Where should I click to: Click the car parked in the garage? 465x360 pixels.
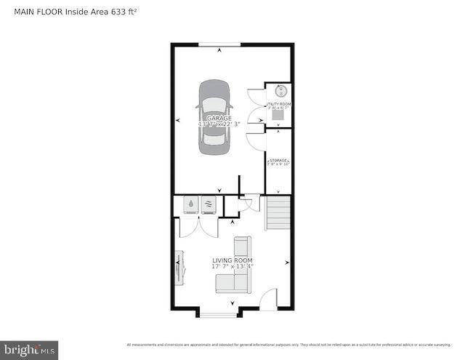[214, 119]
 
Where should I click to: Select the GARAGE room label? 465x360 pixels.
[219, 118]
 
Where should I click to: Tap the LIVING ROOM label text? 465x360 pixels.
[232, 260]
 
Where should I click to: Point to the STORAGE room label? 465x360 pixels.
[279, 160]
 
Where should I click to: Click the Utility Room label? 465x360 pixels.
[279, 104]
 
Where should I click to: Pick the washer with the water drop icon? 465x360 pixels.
[190, 205]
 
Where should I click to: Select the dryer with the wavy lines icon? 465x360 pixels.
[209, 205]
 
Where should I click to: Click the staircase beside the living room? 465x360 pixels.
[278, 212]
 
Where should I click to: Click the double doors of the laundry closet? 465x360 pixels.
[199, 226]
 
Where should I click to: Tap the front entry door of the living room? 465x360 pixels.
[269, 300]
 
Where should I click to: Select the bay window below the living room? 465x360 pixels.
[218, 313]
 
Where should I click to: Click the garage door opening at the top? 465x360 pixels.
[220, 45]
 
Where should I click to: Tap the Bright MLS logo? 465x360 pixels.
[30, 350]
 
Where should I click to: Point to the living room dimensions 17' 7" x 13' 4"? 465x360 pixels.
[232, 267]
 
